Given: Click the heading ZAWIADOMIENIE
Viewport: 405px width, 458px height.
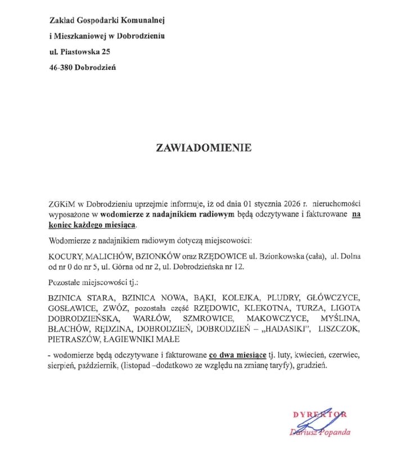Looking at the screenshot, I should [204, 148].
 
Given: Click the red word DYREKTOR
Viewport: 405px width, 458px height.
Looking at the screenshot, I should [319, 415].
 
